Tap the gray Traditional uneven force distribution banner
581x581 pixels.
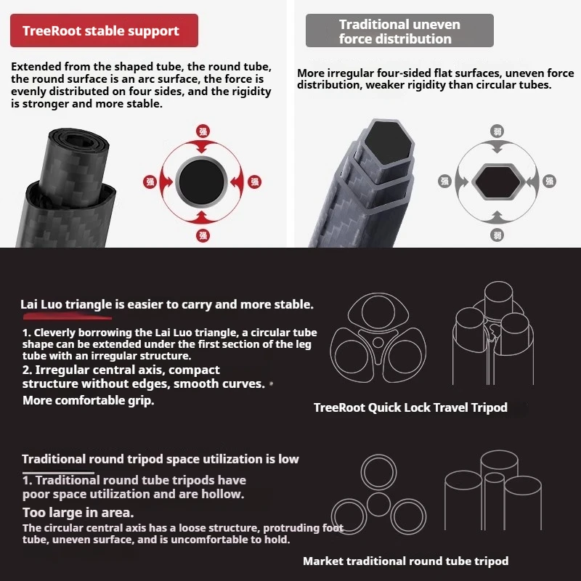399,31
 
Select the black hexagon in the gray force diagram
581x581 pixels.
497,181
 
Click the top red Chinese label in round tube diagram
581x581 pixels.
203,131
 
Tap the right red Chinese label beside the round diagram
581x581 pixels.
254,182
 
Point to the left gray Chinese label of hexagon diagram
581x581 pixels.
445,181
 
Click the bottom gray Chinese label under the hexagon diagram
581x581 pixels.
497,234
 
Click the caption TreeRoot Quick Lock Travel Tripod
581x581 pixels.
410,407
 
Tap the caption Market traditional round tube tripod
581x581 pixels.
405,561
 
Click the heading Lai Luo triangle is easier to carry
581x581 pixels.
167,304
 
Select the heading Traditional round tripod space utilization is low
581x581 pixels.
161,459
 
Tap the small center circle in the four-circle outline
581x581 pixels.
378,503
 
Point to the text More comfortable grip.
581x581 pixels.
89,400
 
